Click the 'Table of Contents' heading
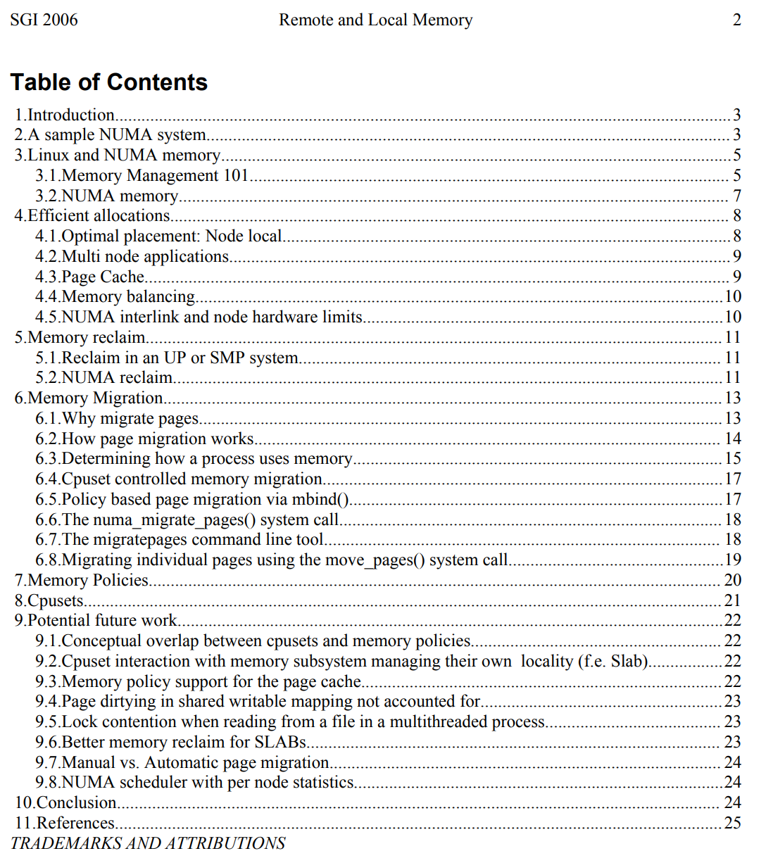109,82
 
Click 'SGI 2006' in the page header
44,20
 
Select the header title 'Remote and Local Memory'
375,20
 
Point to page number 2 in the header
736,20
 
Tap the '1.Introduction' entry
65,115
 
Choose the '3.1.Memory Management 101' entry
142,175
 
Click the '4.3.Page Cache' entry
90,277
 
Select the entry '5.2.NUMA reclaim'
104,378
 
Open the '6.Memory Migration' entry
89,398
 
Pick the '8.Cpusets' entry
49,600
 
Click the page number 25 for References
732,823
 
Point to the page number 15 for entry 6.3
732,459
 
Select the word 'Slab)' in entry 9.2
629,662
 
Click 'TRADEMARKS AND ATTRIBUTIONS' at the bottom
148,843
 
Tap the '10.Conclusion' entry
66,802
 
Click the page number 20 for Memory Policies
732,580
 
